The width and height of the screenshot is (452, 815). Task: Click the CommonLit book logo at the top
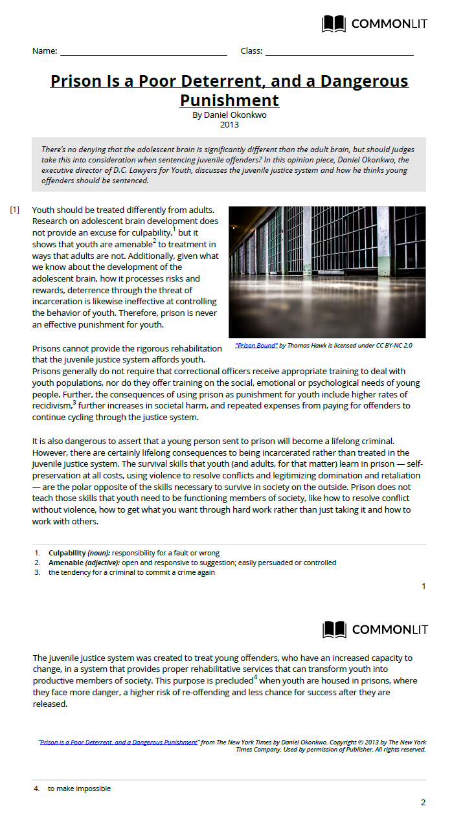point(334,25)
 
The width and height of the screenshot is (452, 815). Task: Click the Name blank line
point(143,51)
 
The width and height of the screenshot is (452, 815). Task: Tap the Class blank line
point(339,51)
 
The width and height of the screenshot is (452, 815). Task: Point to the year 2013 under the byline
point(229,125)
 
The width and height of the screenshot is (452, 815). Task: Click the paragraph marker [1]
point(15,210)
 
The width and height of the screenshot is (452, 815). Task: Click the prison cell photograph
point(327,271)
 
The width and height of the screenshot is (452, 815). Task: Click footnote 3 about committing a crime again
point(131,572)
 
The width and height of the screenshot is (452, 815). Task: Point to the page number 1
point(424,586)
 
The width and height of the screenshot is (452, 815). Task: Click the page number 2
point(424,803)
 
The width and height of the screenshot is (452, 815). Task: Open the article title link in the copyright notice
point(119,742)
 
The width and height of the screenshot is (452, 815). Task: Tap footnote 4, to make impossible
point(79,788)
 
